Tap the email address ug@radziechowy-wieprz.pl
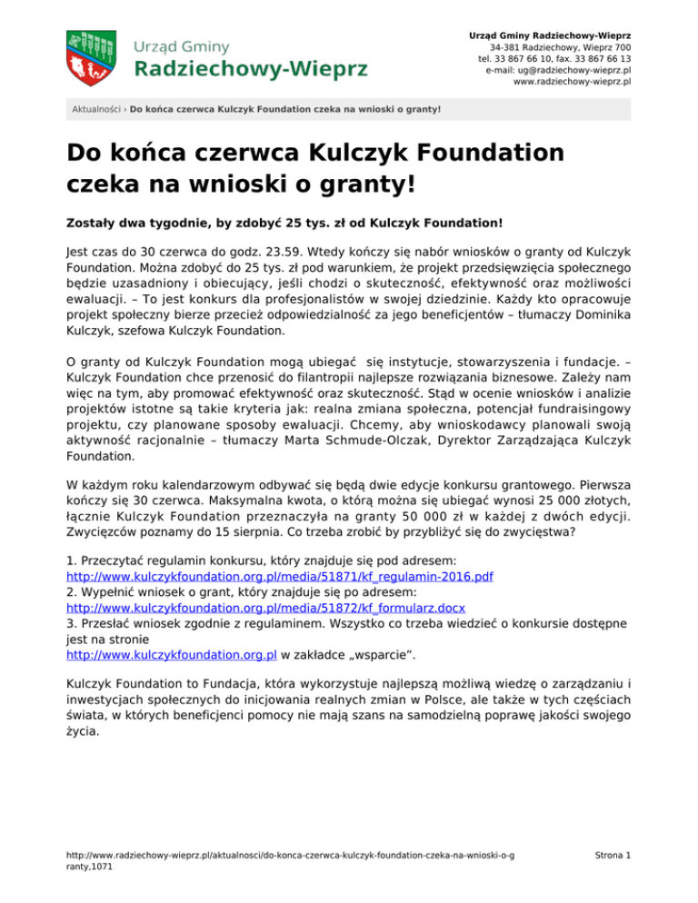tap(559, 69)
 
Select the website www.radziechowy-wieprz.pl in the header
tap(572, 81)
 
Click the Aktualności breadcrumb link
tap(97, 110)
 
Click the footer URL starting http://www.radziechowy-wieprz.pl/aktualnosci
tap(290, 855)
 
